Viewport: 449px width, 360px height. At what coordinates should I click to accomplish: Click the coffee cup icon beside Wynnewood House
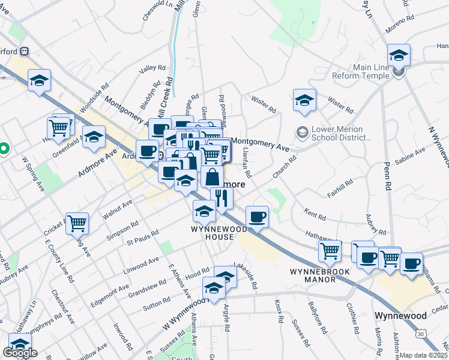click(x=258, y=217)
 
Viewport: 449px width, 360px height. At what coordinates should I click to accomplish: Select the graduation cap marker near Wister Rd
click(x=304, y=100)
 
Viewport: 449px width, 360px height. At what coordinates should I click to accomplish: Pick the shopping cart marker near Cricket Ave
click(x=77, y=224)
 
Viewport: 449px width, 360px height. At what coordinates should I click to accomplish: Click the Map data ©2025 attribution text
click(x=423, y=355)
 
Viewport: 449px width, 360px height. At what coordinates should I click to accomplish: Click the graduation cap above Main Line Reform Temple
click(x=399, y=56)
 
